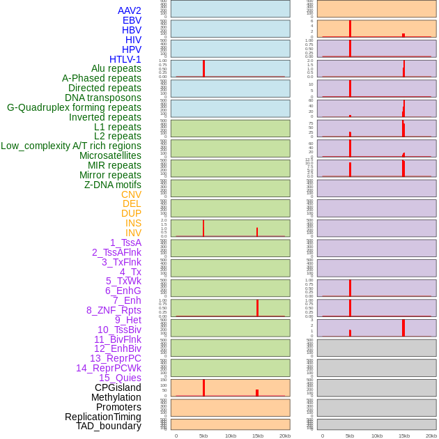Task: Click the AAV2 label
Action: (x=129, y=10)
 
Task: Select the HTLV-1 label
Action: (x=125, y=59)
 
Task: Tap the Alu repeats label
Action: (x=116, y=68)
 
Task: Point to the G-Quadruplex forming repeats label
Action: (x=74, y=107)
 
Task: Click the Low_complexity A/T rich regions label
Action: (x=71, y=146)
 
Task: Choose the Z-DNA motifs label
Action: (x=113, y=185)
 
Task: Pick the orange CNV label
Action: (x=131, y=194)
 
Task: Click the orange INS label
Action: (x=133, y=223)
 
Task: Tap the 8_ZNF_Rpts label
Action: (x=114, y=310)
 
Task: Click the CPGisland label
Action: (x=118, y=387)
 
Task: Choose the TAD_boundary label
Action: (x=109, y=426)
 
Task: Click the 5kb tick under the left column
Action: (x=203, y=436)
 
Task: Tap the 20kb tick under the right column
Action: (x=431, y=436)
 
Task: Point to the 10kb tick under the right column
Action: (x=377, y=436)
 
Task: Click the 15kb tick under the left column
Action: (x=258, y=436)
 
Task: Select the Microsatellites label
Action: (x=110, y=155)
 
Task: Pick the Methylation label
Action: (x=116, y=397)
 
